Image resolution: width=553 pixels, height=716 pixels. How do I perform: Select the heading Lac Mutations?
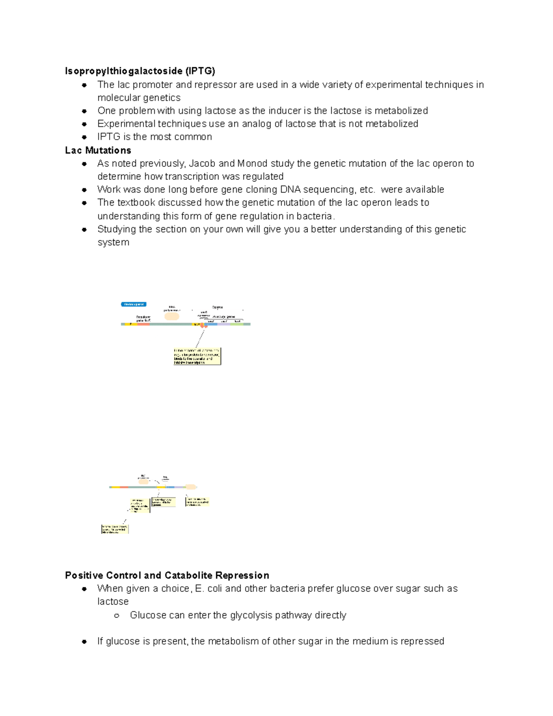coord(98,150)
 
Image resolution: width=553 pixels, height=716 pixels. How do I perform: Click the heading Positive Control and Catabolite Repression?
coord(167,575)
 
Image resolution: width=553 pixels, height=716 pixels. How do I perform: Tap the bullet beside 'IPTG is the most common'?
coord(84,137)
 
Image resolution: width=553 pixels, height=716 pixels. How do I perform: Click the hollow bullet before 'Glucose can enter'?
coord(117,615)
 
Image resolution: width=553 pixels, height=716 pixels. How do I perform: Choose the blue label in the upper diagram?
coord(134,304)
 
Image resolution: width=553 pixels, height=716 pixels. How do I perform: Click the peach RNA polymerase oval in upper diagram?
coord(172,316)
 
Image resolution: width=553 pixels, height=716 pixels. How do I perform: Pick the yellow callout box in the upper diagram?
coord(197,356)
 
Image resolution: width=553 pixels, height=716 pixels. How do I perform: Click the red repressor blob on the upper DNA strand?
coord(203,325)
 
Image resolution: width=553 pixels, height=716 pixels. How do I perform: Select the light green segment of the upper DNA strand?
coord(237,324)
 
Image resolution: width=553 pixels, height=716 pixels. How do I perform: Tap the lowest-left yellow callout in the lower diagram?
coord(115,529)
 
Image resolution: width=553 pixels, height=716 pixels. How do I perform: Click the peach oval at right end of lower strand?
coord(191,487)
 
